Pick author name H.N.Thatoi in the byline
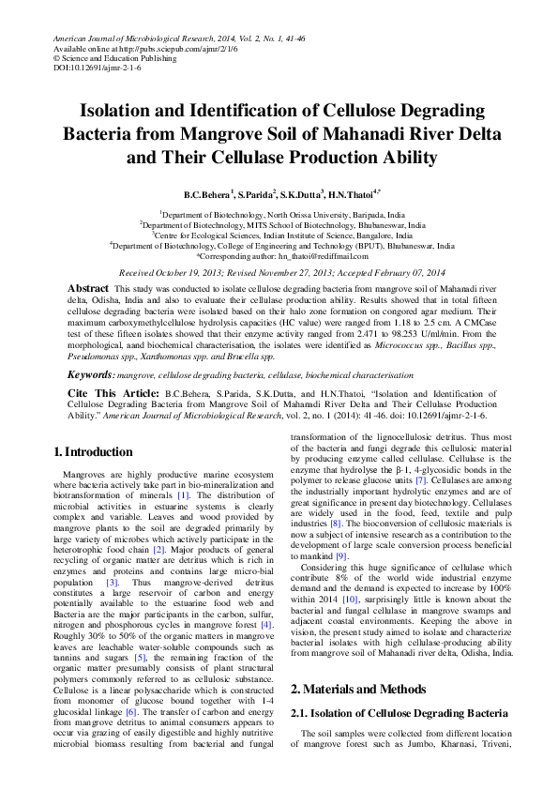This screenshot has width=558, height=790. pyautogui.click(x=351, y=194)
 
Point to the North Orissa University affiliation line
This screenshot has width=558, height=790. pyautogui.click(x=279, y=215)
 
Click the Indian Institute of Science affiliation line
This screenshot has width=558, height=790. pyautogui.click(x=279, y=235)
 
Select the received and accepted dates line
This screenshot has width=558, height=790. pyautogui.click(x=279, y=270)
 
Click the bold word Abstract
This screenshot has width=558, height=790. pyautogui.click(x=88, y=286)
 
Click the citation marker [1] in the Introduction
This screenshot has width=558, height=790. pyautogui.click(x=184, y=494)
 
